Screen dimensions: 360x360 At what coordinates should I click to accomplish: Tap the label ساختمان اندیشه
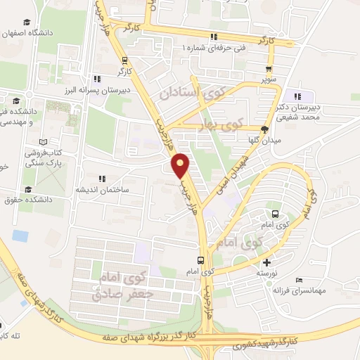[102, 189]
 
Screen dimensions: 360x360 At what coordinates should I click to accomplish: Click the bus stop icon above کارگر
[125, 60]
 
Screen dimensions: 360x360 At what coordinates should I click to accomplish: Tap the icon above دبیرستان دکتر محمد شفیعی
[298, 96]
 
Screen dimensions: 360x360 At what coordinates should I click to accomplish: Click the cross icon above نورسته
[266, 262]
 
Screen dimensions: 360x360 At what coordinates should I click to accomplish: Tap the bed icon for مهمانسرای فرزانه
[299, 279]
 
